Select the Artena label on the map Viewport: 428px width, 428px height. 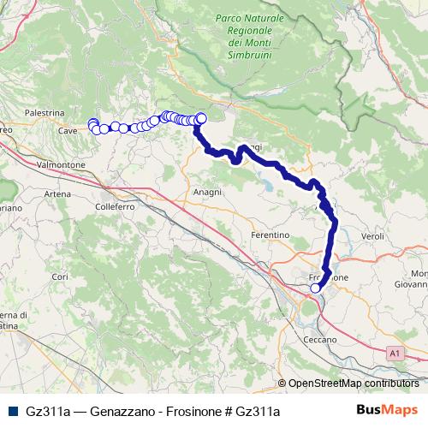(57, 194)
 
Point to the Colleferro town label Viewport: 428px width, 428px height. (110, 206)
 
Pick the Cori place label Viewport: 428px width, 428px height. (60, 276)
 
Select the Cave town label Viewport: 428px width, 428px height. (68, 130)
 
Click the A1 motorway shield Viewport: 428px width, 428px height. (393, 352)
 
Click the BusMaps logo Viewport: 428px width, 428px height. (387, 411)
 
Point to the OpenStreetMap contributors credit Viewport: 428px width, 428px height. (354, 383)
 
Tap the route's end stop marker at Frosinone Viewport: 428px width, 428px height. (315, 288)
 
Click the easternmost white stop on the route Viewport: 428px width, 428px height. (201, 119)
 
